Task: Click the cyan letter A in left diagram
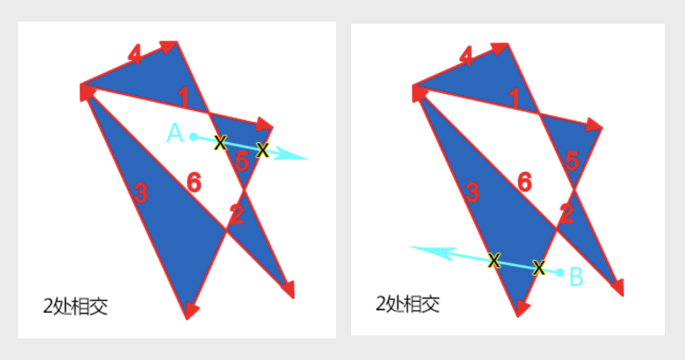[x=174, y=133]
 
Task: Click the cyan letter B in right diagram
[x=577, y=275]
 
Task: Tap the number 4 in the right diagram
[x=467, y=56]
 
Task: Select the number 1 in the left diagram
[x=183, y=95]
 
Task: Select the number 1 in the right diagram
[x=514, y=97]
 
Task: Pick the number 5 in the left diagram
[x=243, y=163]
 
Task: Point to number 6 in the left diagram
[x=194, y=184]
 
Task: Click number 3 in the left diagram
[x=141, y=193]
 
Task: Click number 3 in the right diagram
[x=472, y=192]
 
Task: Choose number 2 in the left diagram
[x=236, y=213]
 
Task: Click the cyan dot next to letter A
[x=193, y=136]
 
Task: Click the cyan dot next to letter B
[x=560, y=273]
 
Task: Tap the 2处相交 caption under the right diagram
[x=408, y=304]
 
